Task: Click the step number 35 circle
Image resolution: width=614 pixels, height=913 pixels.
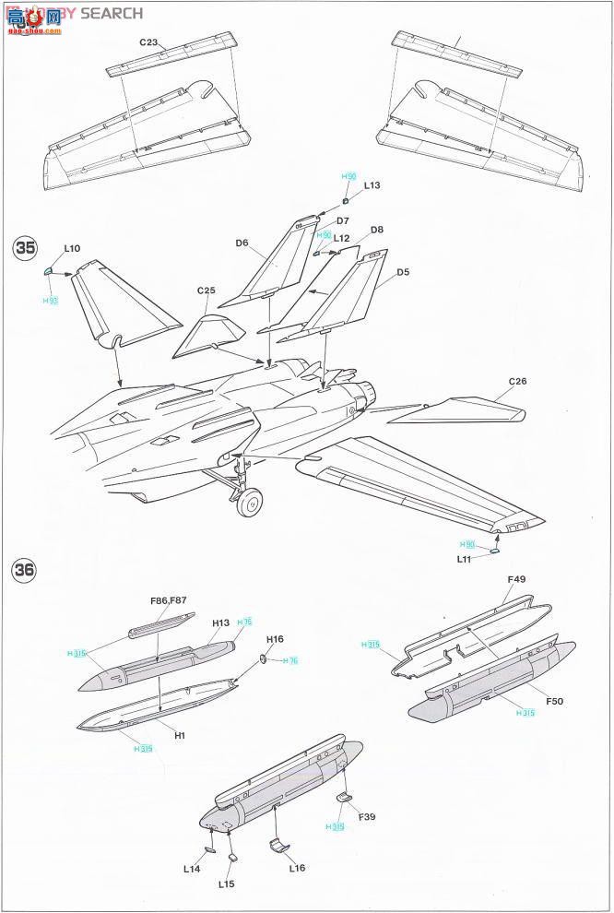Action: point(25,247)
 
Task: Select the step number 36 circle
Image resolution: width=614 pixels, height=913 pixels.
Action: point(25,570)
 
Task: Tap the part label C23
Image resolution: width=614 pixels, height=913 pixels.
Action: point(149,42)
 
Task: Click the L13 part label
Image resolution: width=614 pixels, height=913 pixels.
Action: point(372,185)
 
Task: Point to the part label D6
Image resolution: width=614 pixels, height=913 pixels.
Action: point(242,243)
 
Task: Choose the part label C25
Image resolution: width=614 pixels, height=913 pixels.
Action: point(206,291)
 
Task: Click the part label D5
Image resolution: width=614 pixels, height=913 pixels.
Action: point(403,272)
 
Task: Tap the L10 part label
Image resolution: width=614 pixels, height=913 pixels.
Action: point(73,248)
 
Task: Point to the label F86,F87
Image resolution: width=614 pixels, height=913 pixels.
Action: point(169,599)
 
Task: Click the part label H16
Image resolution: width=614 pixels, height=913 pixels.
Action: point(276,639)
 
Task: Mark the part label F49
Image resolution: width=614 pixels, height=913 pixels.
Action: point(516,579)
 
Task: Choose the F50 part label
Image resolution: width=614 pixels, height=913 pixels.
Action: point(554,702)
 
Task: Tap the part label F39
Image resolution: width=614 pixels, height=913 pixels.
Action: point(366,816)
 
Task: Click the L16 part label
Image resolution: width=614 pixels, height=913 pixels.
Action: point(296,868)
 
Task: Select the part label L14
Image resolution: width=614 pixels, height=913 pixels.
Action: point(192,869)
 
